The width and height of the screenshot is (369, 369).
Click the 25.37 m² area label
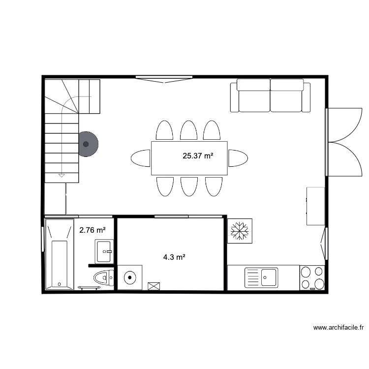[198, 156]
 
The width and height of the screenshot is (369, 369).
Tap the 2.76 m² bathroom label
[92, 230]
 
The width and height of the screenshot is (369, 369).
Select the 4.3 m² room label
[174, 256]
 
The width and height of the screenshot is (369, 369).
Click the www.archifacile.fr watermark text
[338, 327]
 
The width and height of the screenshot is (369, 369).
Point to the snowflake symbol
[240, 231]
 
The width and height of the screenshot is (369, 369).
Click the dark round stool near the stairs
[87, 144]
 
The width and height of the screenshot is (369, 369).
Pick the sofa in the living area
[270, 95]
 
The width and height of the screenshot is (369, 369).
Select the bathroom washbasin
[104, 251]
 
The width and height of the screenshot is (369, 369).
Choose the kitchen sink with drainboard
[261, 277]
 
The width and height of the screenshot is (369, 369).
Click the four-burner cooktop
[312, 278]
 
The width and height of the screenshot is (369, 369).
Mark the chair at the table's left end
[141, 158]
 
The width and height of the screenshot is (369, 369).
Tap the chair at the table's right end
[238, 158]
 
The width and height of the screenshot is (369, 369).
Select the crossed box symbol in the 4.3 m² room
[154, 285]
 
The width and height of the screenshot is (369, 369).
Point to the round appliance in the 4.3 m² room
[130, 277]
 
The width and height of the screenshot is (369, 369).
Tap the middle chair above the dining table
[188, 131]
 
